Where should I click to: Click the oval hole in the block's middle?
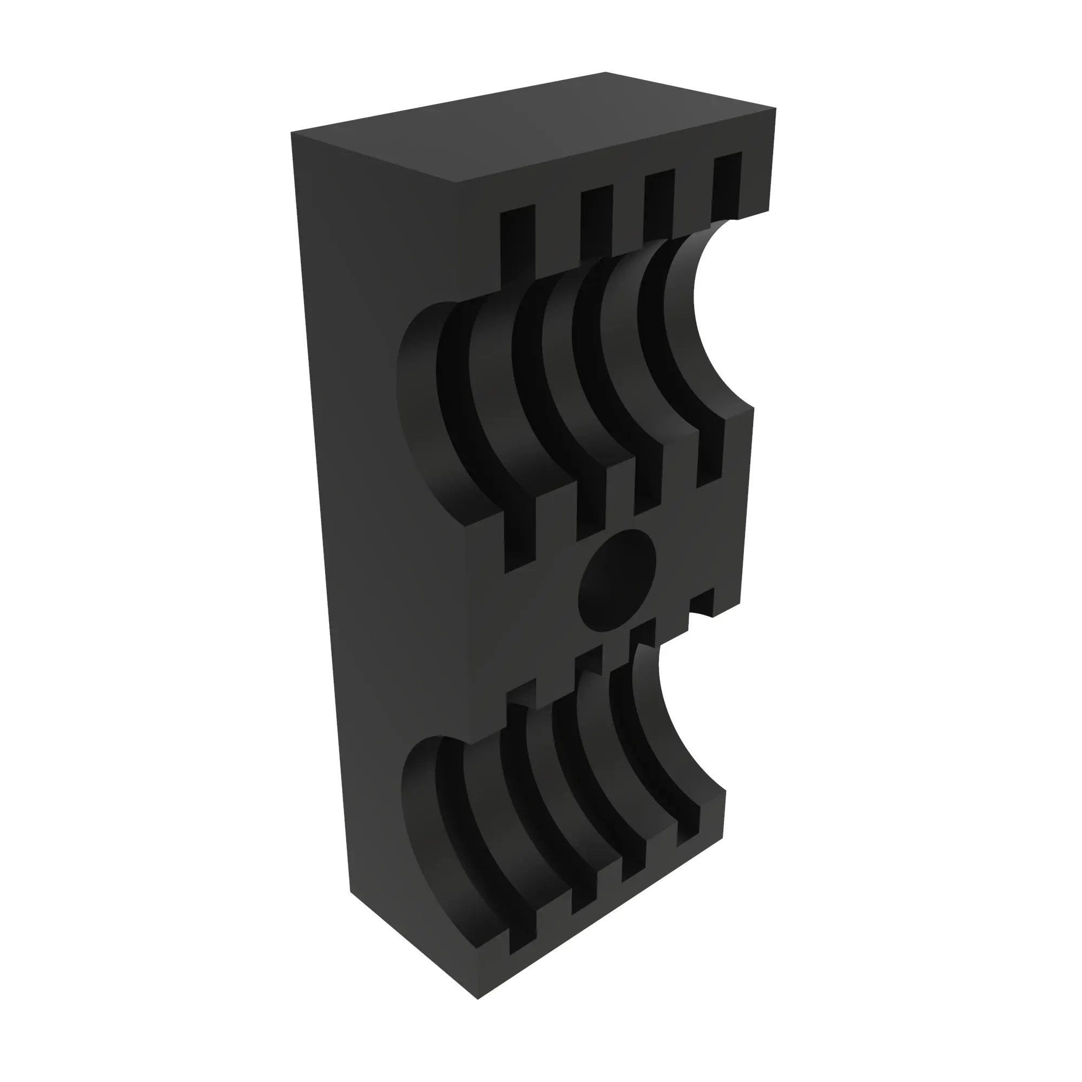coord(617,580)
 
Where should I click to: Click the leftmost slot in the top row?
coord(518,243)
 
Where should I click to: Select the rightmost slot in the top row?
coord(727,185)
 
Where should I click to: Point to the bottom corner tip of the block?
coord(478,1014)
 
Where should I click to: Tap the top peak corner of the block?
coord(605,72)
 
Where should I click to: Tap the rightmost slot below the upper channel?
coord(710,454)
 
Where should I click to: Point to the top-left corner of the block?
coord(292,133)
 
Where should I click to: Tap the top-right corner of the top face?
coord(776,108)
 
